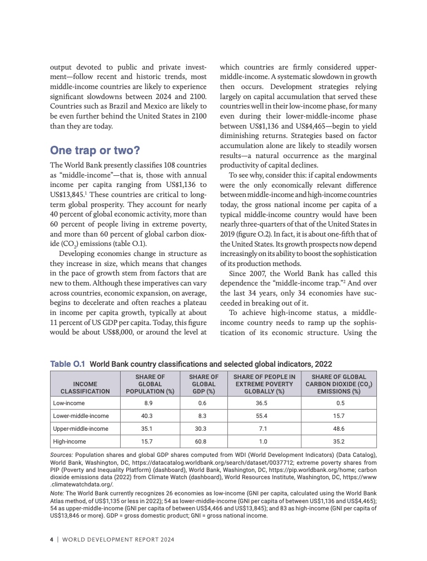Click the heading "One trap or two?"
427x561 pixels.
click(95, 150)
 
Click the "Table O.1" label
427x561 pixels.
click(67, 364)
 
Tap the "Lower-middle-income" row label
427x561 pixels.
click(81, 416)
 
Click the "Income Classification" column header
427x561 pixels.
click(85, 387)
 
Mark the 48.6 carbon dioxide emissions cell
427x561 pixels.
click(340, 429)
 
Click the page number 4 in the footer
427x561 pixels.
click(52, 539)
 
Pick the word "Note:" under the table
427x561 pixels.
click(57, 493)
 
